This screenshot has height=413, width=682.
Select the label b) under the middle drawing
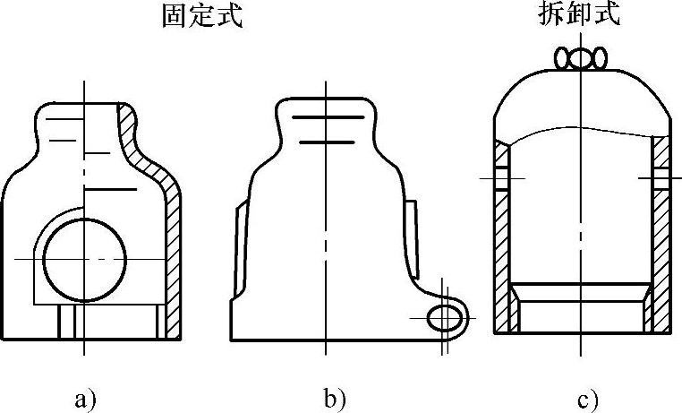point(334,398)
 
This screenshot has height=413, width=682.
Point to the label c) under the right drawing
point(587,398)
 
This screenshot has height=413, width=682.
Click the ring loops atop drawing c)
point(580,59)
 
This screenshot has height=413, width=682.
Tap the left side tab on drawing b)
point(237,251)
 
